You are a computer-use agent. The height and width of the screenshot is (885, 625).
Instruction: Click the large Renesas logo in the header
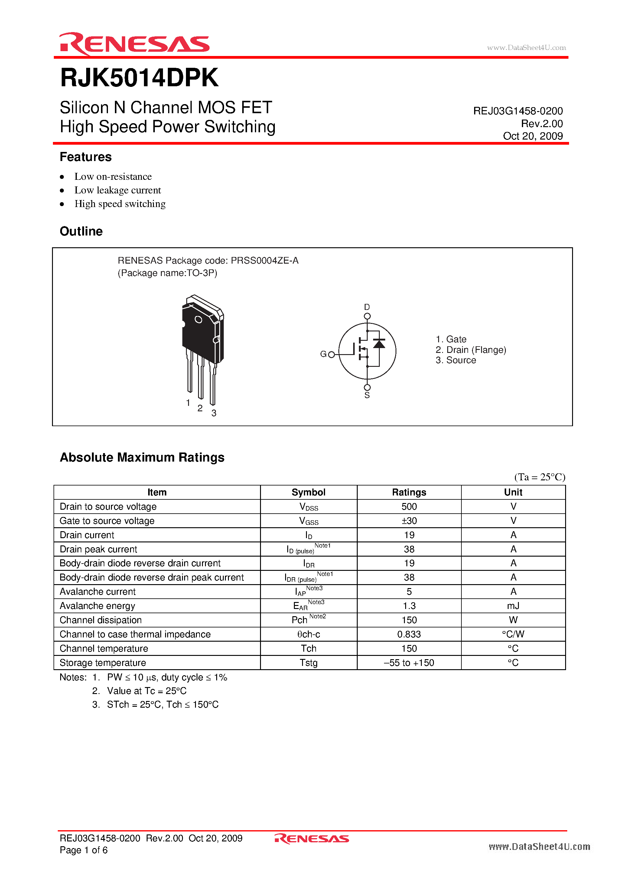[134, 44]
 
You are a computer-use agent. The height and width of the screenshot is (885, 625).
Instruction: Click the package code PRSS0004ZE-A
[265, 261]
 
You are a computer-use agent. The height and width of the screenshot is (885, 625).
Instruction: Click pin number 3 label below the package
[214, 413]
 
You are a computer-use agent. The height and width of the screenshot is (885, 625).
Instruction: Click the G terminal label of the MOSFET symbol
[323, 354]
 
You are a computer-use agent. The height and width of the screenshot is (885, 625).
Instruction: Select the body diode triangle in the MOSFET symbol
[379, 344]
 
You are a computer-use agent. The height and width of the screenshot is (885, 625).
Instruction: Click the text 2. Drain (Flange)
[470, 350]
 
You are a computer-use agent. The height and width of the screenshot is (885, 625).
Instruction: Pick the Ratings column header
[409, 492]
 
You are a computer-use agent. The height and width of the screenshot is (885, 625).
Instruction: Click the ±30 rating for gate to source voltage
[409, 521]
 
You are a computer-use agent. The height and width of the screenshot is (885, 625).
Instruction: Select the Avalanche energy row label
[97, 606]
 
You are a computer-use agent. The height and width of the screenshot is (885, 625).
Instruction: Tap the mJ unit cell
[513, 606]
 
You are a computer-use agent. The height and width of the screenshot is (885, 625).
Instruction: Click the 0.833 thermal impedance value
[409, 634]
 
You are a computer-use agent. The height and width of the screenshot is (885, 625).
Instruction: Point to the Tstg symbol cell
[308, 663]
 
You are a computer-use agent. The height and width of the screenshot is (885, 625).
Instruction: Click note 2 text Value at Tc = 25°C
[146, 691]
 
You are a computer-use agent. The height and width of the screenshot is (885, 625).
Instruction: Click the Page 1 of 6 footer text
[83, 850]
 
